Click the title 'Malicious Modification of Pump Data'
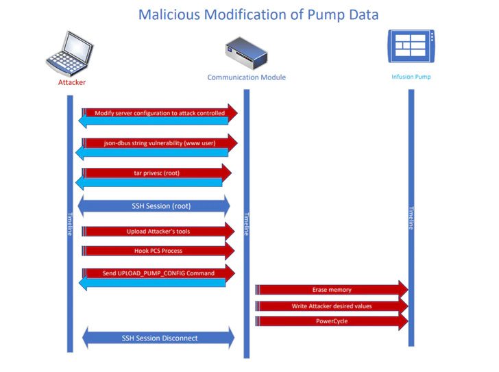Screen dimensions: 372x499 coord(258,14)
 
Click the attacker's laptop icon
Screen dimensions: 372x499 coord(70,52)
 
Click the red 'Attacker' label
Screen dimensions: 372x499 coord(71,82)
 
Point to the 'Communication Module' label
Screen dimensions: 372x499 coord(246,77)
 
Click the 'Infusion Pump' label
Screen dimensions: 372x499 coord(411,77)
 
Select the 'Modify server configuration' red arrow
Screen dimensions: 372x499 coord(160,112)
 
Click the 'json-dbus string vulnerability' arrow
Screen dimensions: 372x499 coord(160,142)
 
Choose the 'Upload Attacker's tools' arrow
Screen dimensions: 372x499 coord(158,231)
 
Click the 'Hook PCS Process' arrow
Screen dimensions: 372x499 coord(158,251)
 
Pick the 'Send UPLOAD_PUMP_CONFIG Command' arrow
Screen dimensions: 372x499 coord(158,273)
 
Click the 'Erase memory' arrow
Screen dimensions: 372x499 coord(332,290)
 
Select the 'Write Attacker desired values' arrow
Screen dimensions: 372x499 coord(332,306)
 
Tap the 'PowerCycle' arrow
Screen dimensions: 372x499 coord(332,321)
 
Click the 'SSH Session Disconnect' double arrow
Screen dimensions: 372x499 coord(158,338)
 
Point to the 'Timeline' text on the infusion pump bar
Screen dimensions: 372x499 coord(411,218)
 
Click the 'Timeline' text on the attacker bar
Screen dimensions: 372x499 coord(69,223)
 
